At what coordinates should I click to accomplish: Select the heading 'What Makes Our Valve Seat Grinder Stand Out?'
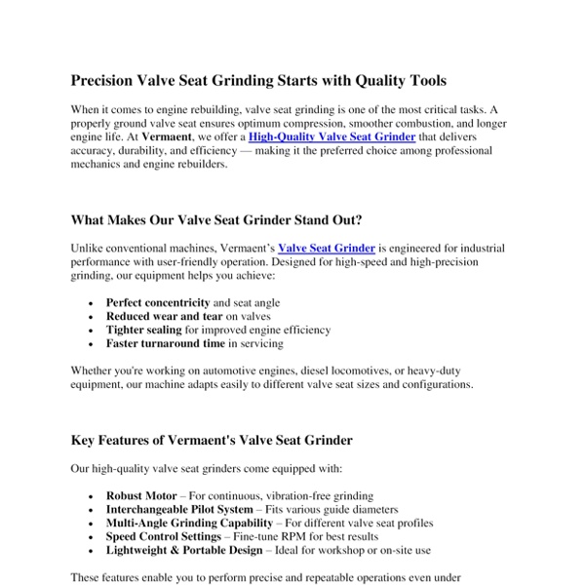coord(218,220)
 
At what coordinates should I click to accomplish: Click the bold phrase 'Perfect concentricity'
coord(158,303)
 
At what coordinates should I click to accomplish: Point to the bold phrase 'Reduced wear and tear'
coord(164,317)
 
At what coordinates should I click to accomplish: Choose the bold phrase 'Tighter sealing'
coord(143,331)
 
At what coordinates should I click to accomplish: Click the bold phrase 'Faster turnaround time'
coord(165,344)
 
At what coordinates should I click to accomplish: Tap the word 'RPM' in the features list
coord(313,537)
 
